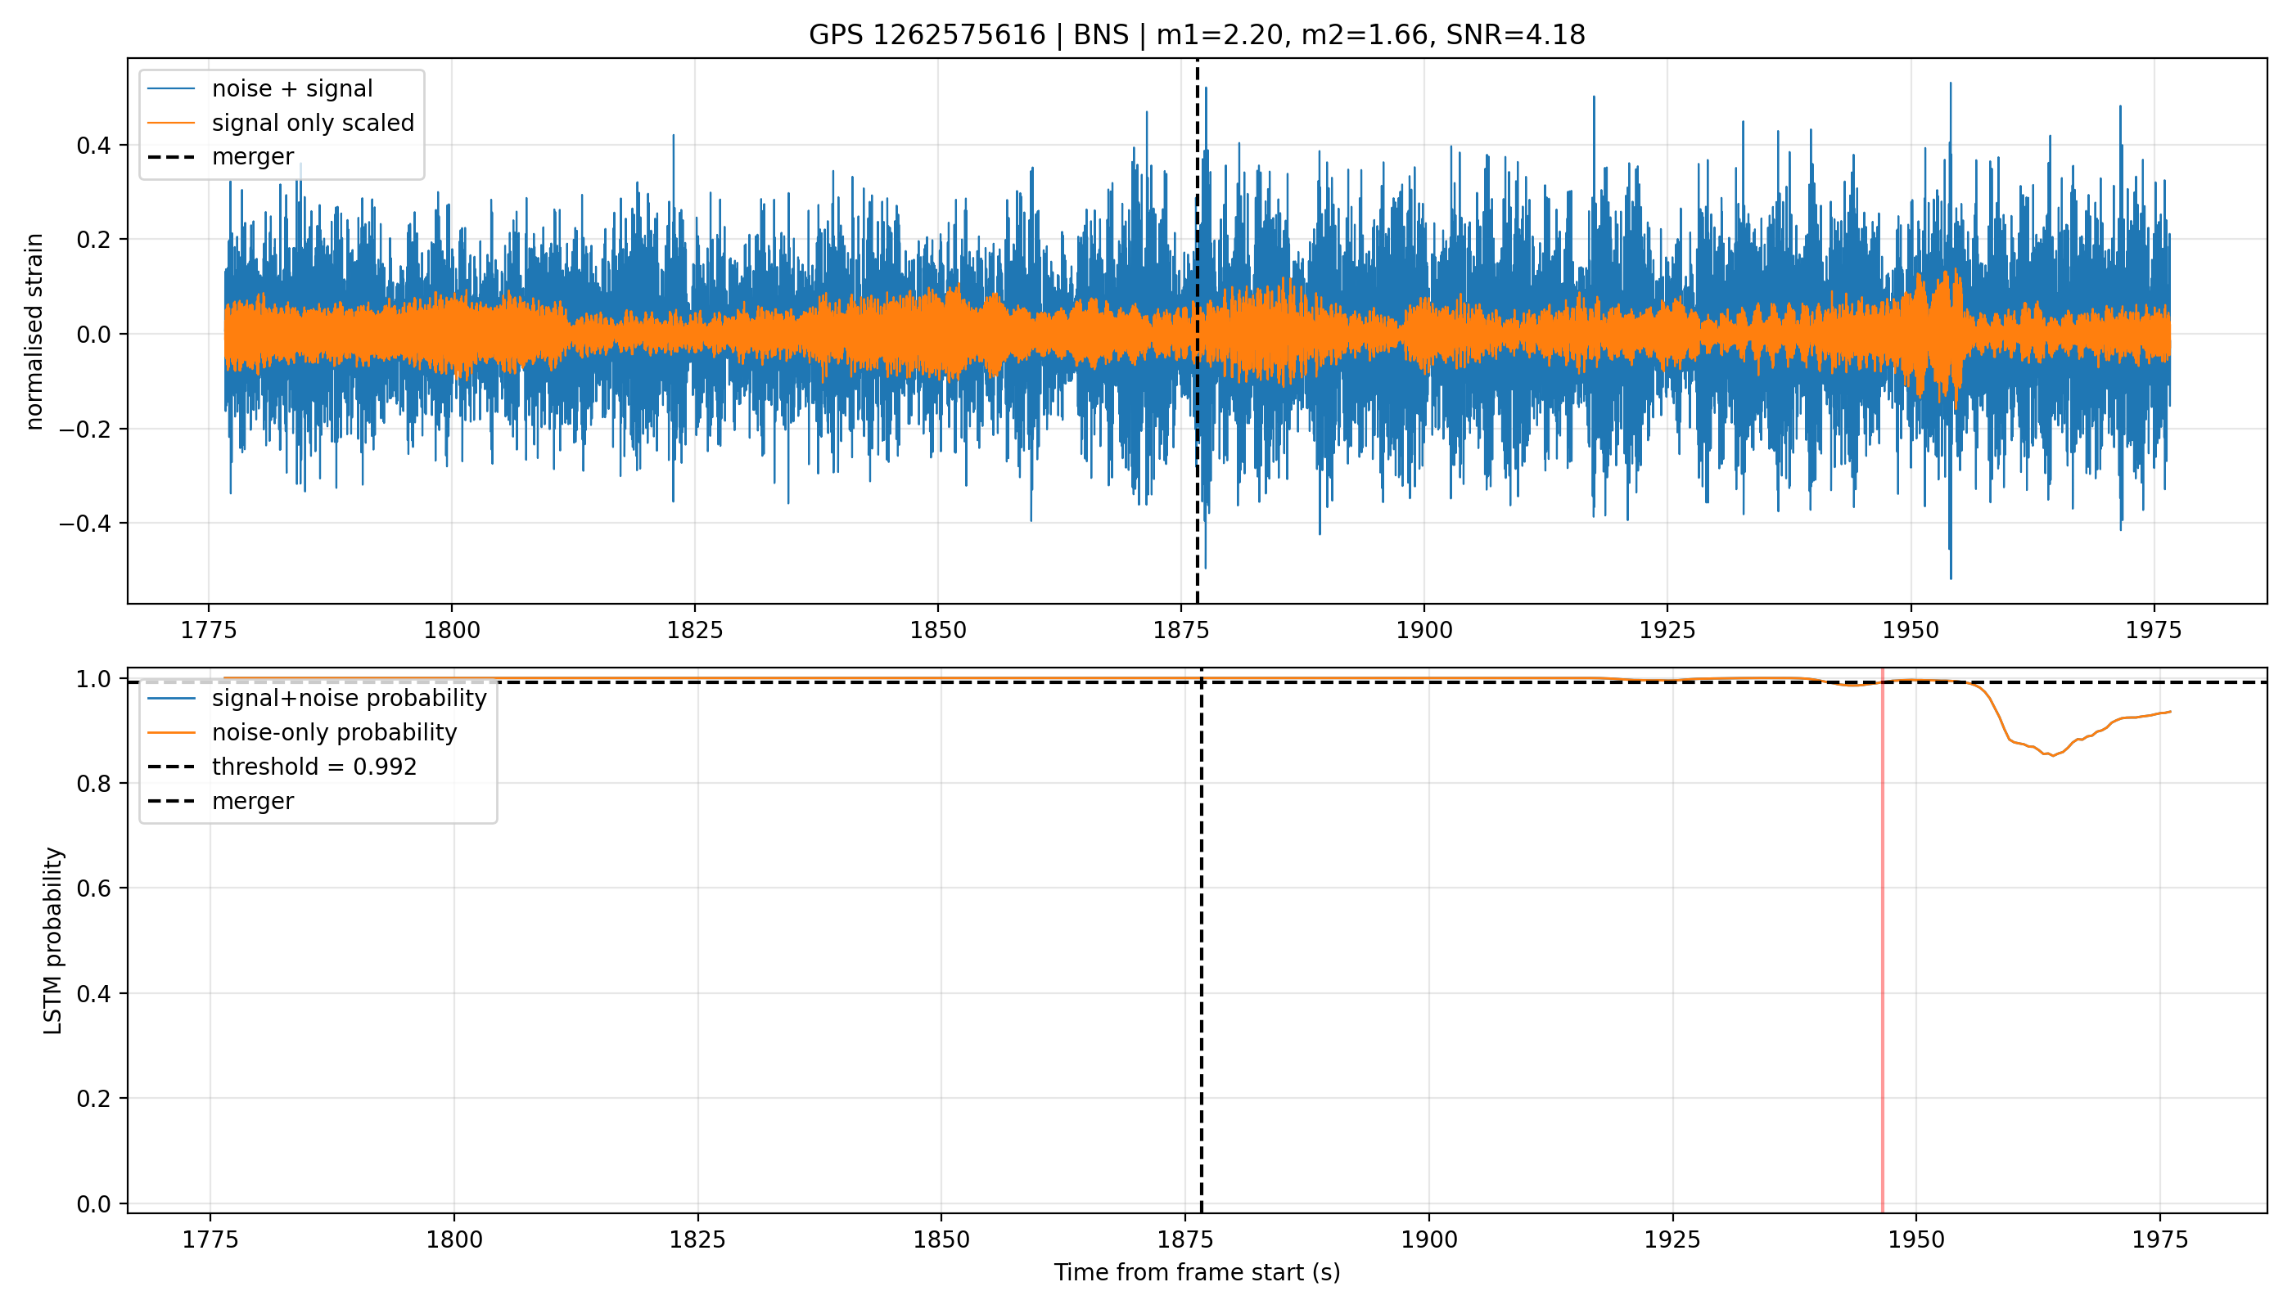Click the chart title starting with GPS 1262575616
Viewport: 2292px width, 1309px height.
pos(1197,35)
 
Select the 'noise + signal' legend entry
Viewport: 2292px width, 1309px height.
pos(260,88)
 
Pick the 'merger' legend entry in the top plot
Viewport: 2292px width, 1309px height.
pos(220,156)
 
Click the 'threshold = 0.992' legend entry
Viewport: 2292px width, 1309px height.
pos(282,767)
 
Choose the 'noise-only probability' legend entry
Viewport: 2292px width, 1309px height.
pos(302,733)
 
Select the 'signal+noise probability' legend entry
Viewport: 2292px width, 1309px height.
pos(317,699)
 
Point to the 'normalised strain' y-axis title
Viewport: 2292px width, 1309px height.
pos(34,331)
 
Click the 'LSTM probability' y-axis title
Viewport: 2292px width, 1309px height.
pos(53,940)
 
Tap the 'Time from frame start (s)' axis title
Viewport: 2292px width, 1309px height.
pos(1198,1273)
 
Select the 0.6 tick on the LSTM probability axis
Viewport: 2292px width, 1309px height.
pos(97,888)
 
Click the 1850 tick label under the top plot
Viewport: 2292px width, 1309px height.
pos(938,630)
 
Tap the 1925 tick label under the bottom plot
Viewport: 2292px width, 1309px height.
pos(1672,1239)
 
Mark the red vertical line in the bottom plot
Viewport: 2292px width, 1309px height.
pos(1883,940)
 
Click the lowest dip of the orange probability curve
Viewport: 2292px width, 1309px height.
pos(2053,756)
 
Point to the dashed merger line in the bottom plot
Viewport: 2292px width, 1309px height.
pos(1202,940)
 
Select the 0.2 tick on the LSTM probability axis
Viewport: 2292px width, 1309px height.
pos(97,1099)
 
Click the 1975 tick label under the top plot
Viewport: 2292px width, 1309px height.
pos(2154,630)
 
